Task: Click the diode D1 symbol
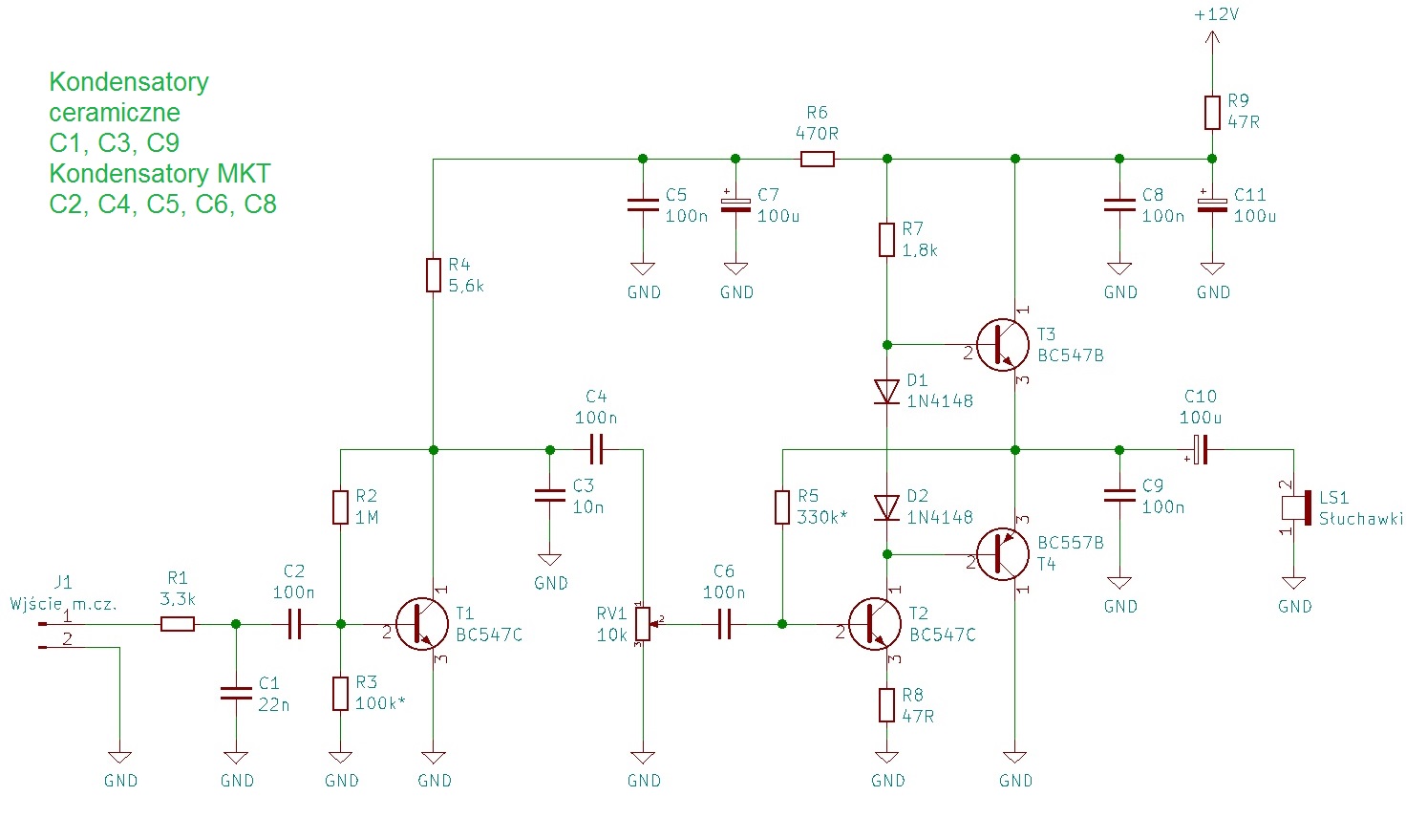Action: (x=887, y=391)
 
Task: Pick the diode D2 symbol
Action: (x=887, y=507)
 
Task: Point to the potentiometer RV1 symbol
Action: (x=644, y=624)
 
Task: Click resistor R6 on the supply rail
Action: (x=817, y=159)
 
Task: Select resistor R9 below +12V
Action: (x=1212, y=112)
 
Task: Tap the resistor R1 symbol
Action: (x=178, y=624)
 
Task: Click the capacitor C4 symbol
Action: (x=596, y=449)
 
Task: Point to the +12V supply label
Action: (x=1216, y=15)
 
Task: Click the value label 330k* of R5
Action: (x=822, y=517)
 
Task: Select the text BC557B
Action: (x=1071, y=543)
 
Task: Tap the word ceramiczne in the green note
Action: (x=115, y=113)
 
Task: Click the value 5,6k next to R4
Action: (x=466, y=286)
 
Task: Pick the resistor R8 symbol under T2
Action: (x=887, y=705)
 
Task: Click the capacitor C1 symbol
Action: (x=236, y=694)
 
